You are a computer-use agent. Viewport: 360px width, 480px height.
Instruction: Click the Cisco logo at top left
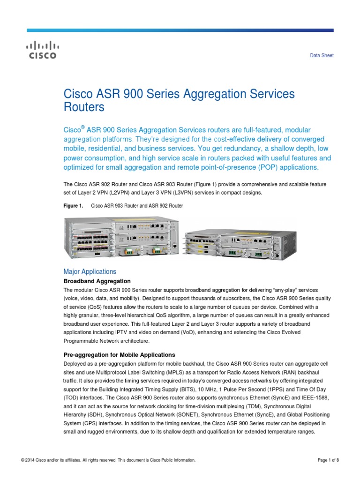[41, 50]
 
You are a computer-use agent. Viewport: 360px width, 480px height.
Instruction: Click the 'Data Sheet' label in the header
[322, 56]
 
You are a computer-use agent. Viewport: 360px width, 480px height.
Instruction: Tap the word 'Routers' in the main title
[83, 107]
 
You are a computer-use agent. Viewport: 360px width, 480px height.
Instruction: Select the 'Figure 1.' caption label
[73, 206]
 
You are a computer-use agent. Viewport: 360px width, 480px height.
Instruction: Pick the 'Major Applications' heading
[90, 271]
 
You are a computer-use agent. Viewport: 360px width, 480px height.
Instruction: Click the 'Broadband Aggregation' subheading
[93, 281]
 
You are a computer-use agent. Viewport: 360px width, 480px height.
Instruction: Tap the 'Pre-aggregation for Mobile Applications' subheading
[119, 354]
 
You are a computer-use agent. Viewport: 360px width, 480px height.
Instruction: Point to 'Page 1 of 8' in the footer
[328, 460]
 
